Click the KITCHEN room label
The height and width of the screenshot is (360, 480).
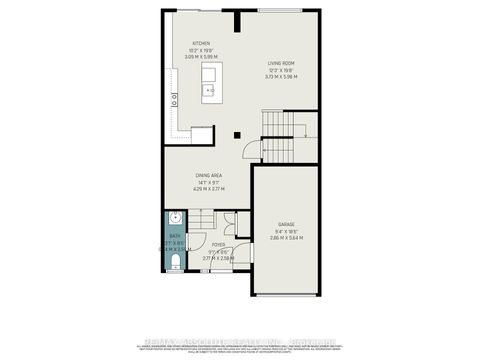(202, 43)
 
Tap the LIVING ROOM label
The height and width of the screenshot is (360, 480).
(281, 64)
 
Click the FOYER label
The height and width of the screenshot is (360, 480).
(218, 244)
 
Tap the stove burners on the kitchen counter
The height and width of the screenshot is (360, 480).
(174, 99)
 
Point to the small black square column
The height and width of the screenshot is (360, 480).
(236, 134)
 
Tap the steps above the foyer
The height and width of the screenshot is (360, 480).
(206, 219)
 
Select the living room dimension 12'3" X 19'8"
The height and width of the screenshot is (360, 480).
(281, 71)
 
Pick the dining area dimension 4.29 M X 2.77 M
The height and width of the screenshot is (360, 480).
(209, 189)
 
